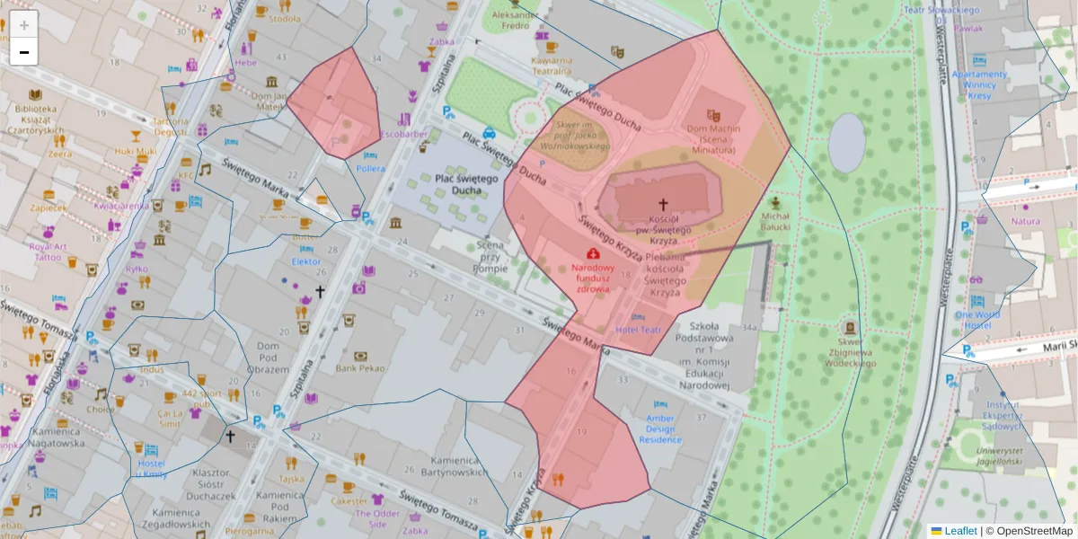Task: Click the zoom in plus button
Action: pos(24,25)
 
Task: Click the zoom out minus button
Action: pos(24,52)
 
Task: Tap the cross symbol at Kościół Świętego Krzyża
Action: pos(663,205)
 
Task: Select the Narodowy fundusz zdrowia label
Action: pos(593,278)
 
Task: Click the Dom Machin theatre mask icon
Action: pos(713,115)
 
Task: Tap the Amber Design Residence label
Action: pos(660,429)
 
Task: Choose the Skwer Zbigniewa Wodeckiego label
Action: pos(850,352)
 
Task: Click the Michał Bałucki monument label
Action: pos(775,221)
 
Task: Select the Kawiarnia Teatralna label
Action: pos(552,66)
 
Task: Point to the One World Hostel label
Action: pos(976,321)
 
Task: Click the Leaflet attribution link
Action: pos(960,531)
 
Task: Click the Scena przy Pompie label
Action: pos(490,256)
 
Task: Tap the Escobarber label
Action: pos(403,135)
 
